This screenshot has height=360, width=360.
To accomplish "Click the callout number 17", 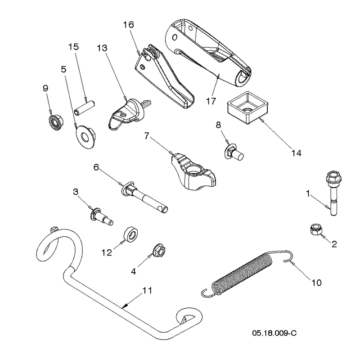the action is (211, 101).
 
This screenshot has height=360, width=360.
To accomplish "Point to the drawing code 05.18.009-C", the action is (274, 333).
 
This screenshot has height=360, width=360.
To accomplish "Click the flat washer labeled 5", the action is (85, 137).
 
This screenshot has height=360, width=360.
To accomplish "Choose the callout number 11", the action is (148, 290).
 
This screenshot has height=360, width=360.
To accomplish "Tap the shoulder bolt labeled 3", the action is (101, 216).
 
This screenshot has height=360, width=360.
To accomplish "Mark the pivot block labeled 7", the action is (193, 172).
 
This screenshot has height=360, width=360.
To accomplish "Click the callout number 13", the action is (102, 48).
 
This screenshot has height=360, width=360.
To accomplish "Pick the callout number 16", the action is (128, 25).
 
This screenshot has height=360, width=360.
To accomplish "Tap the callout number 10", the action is (316, 283).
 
